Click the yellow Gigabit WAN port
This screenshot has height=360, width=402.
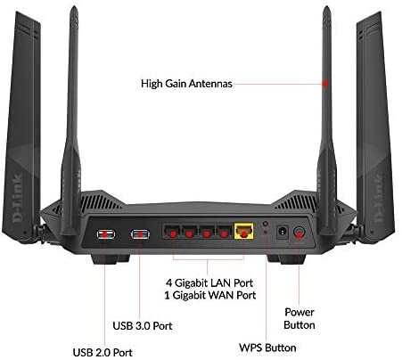244,231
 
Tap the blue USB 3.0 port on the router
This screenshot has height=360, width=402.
140,234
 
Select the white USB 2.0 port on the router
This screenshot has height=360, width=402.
106,234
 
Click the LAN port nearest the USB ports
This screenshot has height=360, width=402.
172,231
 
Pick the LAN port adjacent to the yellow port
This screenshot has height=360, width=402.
224,231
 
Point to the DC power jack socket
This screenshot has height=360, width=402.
283,232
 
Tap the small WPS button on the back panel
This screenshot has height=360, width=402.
266,224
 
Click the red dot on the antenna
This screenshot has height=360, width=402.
325,84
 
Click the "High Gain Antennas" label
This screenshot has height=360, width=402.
186,84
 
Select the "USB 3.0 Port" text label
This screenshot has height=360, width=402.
143,325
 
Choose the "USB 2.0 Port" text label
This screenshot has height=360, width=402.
103,353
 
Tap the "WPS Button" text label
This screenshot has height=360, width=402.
267,348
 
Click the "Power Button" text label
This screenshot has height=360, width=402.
299,318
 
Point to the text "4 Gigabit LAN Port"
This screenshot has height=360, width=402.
209,282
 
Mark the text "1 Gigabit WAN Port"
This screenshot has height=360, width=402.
210,295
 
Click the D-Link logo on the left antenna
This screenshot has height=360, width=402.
17,199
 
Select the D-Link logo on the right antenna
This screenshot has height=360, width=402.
379,199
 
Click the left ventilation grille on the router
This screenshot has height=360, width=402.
100,203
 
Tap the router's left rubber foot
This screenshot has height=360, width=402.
111,259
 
